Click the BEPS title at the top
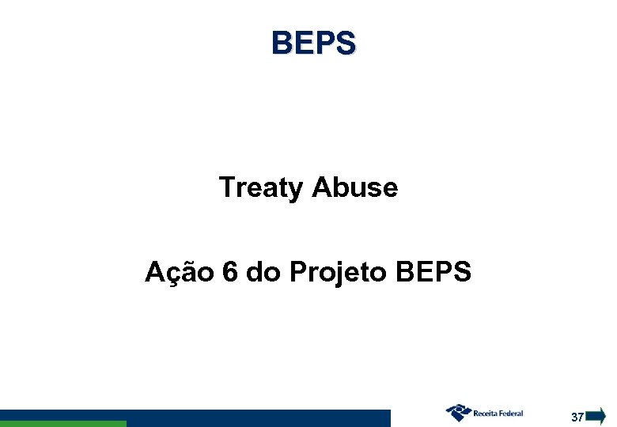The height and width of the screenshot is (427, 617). click(313, 43)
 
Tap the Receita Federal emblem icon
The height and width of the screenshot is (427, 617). click(458, 413)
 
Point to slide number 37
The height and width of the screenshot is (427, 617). click(577, 417)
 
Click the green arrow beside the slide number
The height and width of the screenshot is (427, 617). click(596, 416)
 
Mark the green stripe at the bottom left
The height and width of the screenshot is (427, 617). click(63, 424)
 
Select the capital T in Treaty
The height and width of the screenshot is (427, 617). click(226, 188)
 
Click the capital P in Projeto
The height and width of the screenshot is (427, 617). click(298, 272)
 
